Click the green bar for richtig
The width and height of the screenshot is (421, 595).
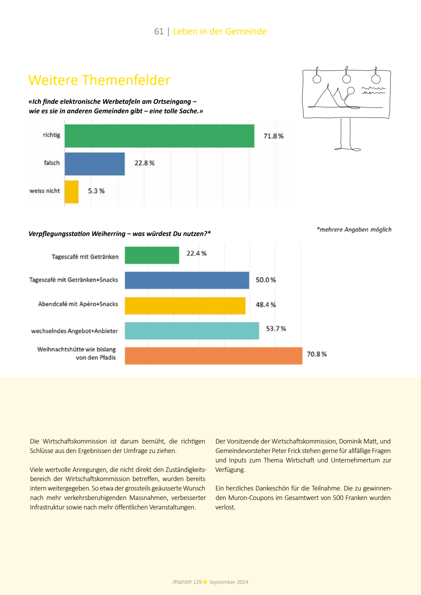coord(159,136)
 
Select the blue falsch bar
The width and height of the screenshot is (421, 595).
coord(95,163)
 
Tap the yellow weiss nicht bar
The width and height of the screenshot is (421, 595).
coord(72,191)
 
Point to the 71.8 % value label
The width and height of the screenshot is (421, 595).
coord(273,136)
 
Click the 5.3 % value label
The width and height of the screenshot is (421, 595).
coord(96,191)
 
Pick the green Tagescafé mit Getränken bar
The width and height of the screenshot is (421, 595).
coord(152,255)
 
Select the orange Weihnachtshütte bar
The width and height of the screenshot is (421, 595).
coord(213,356)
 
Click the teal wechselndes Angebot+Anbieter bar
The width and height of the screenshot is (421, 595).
coord(192,331)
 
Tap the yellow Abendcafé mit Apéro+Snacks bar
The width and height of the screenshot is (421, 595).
coord(185,305)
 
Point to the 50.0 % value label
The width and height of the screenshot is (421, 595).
coord(266,280)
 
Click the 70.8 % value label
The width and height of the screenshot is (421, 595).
coord(316,354)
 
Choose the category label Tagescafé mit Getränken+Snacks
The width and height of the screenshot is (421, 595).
coord(73,280)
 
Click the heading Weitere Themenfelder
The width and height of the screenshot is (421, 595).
coord(99,80)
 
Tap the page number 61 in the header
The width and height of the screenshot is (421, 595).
coord(159,32)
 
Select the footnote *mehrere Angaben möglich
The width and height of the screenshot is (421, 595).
coord(354,230)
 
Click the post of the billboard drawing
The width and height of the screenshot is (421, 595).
coord(346,133)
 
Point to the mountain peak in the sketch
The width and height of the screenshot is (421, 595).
coord(328,86)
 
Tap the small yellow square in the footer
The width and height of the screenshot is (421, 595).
coord(205,582)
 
